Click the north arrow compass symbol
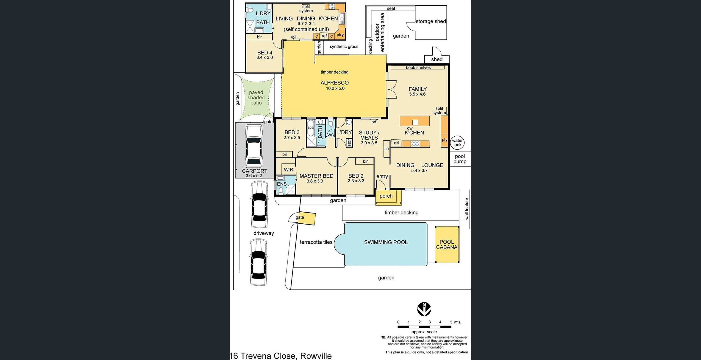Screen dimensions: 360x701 pos(424,309)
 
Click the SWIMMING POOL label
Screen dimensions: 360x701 pos(386,242)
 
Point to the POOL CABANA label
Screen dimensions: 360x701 pos(447,245)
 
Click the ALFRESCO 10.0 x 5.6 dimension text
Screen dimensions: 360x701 pos(335,88)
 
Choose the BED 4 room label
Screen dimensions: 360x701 pos(264,53)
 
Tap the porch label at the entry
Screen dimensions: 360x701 pos(386,196)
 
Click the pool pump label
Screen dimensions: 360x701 pos(460,159)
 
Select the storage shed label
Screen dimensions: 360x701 pos(431,21)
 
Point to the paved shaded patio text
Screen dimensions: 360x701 pos(256,98)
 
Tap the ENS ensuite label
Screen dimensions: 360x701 pos(282,184)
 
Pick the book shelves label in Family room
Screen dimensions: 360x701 pos(418,67)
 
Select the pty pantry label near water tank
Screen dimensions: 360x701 pos(444,140)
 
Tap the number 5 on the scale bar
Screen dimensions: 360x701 pos(451,322)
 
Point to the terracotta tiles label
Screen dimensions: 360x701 pos(316,242)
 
